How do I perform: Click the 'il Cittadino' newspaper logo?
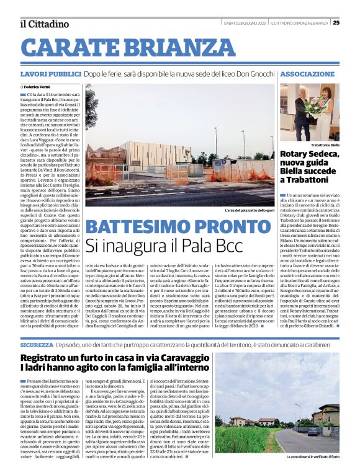pyautogui.click(x=44, y=24)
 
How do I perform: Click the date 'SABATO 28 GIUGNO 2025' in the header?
pyautogui.click(x=246, y=23)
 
